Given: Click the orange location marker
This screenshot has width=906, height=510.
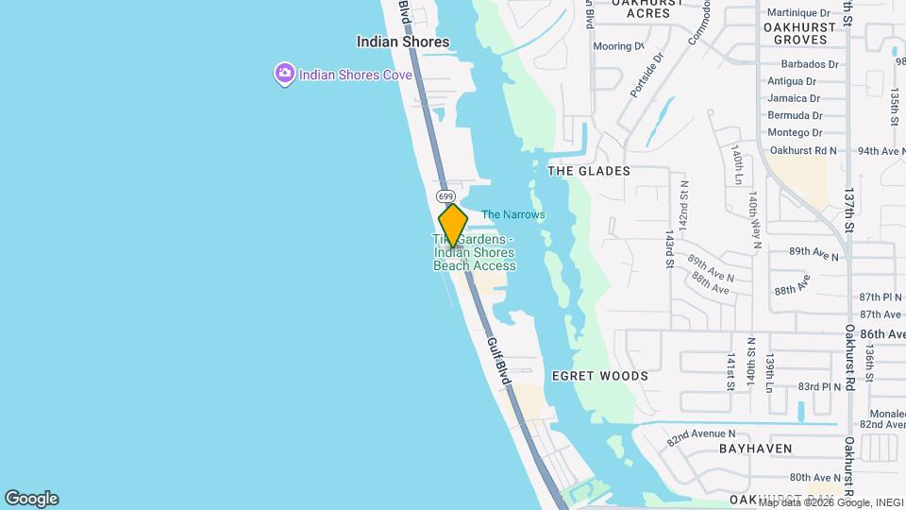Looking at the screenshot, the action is pyautogui.click(x=453, y=225).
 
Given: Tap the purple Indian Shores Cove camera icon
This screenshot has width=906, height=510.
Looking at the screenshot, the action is pyautogui.click(x=284, y=73).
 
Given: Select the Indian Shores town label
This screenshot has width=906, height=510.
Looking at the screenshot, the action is pyautogui.click(x=403, y=42).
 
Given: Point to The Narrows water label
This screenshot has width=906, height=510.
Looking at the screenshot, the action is pyautogui.click(x=513, y=214).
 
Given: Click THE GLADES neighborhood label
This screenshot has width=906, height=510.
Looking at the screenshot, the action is pyautogui.click(x=589, y=171).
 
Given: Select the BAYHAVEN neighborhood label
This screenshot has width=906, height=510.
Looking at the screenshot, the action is pyautogui.click(x=756, y=448).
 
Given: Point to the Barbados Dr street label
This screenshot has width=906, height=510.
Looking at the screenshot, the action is pyautogui.click(x=803, y=64).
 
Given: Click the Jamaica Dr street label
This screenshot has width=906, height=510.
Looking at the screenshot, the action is pyautogui.click(x=794, y=98).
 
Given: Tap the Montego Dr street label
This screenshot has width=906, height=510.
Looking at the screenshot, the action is pyautogui.click(x=795, y=132).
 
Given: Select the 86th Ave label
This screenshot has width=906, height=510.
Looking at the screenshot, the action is pyautogui.click(x=882, y=333).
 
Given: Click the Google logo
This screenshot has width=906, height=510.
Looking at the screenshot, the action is pyautogui.click(x=32, y=499).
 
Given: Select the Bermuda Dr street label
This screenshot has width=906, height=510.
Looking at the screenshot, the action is pyautogui.click(x=795, y=115).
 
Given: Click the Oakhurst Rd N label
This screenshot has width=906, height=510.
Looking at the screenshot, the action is pyautogui.click(x=803, y=150).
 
